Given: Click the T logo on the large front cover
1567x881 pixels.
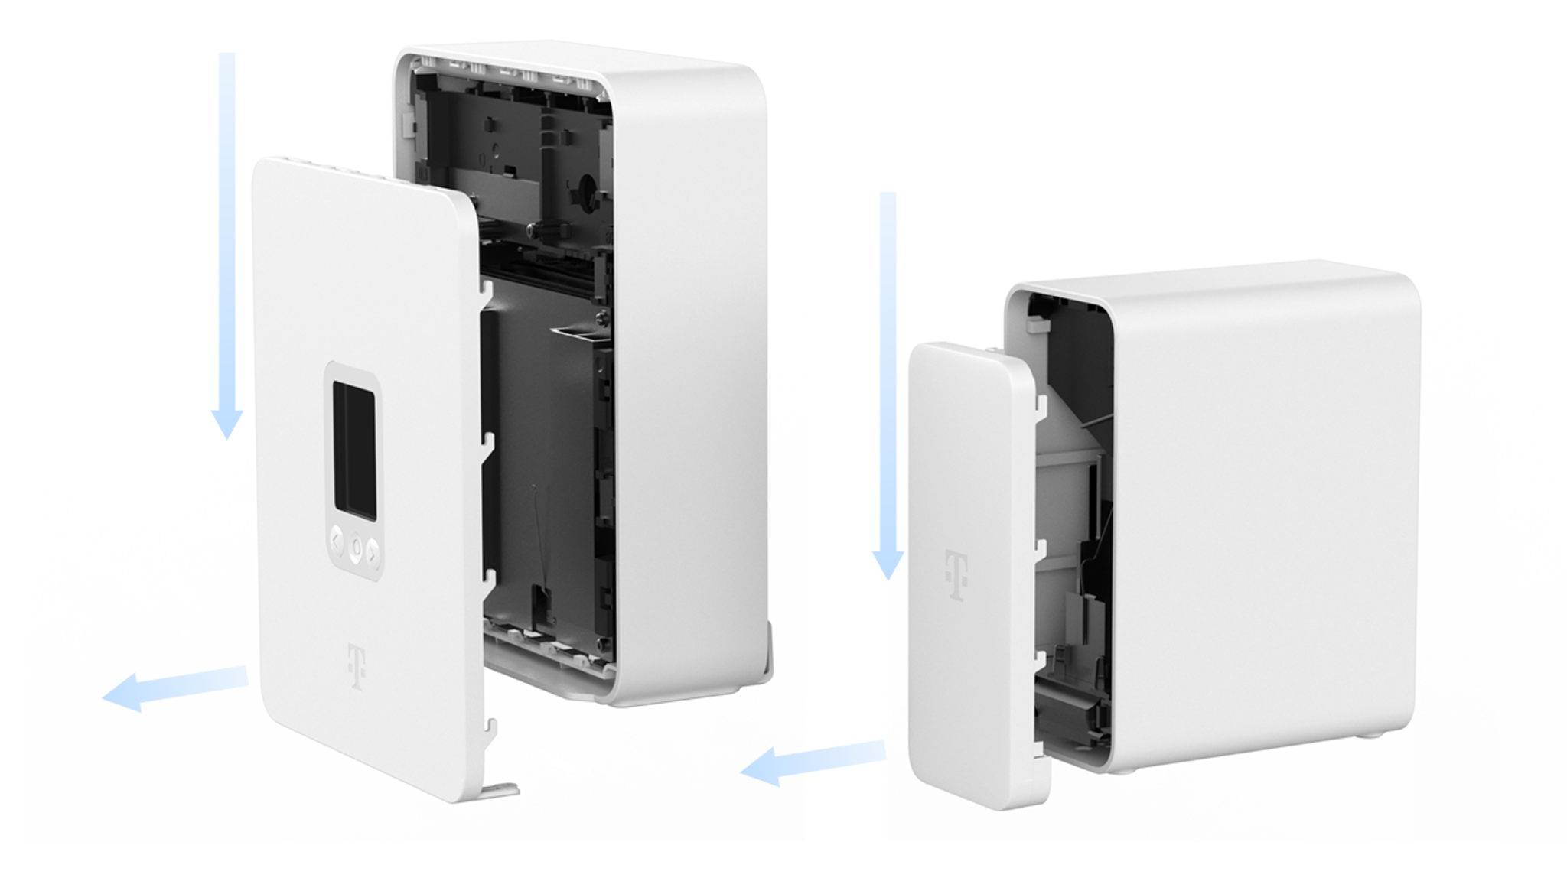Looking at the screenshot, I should coord(357,667).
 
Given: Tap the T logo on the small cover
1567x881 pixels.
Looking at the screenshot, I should coord(956,574).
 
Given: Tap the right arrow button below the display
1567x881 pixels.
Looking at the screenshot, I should coord(373,551).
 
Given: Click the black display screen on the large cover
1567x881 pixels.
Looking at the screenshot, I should coord(354,451).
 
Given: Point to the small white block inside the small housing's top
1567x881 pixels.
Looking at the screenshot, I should coord(1038,324).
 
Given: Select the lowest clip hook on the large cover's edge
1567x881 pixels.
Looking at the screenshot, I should coord(490,730).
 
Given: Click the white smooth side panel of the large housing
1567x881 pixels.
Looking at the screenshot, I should coord(689,382).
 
